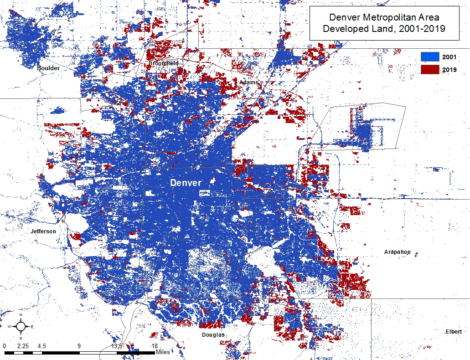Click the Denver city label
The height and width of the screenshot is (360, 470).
click(186, 183)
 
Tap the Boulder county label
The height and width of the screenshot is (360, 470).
click(48, 68)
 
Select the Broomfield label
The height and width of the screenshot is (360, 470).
click(164, 63)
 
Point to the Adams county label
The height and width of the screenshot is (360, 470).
click(249, 82)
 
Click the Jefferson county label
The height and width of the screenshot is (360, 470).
click(43, 231)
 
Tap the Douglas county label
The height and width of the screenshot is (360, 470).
click(213, 335)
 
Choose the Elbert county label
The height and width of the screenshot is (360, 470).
click(454, 331)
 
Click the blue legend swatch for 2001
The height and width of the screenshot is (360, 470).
click(429, 57)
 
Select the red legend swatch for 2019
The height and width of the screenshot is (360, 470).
click(429, 70)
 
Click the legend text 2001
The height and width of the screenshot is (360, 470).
click(449, 57)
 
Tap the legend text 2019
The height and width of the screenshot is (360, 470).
click(449, 70)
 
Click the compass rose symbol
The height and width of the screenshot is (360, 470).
click(21, 326)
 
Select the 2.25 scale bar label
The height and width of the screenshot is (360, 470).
click(23, 346)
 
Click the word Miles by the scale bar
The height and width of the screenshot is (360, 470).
click(162, 352)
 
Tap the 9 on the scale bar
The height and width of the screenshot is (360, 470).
click(79, 346)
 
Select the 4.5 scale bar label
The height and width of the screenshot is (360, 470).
click(41, 346)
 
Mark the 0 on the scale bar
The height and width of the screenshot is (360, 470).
click(4, 346)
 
